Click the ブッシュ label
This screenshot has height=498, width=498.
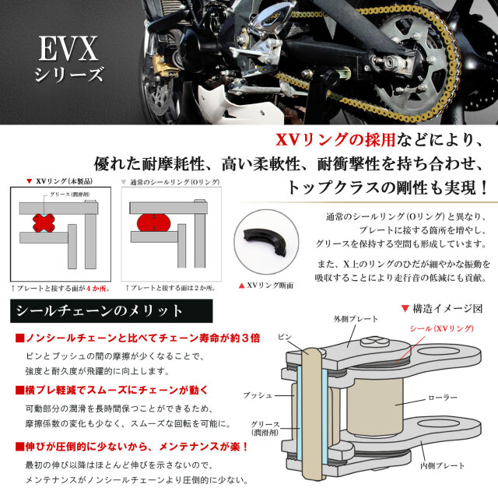(258, 395)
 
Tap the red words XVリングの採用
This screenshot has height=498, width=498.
(335, 141)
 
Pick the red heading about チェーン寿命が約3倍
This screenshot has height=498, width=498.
(139, 338)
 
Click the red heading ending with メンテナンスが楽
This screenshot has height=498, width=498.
(133, 447)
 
